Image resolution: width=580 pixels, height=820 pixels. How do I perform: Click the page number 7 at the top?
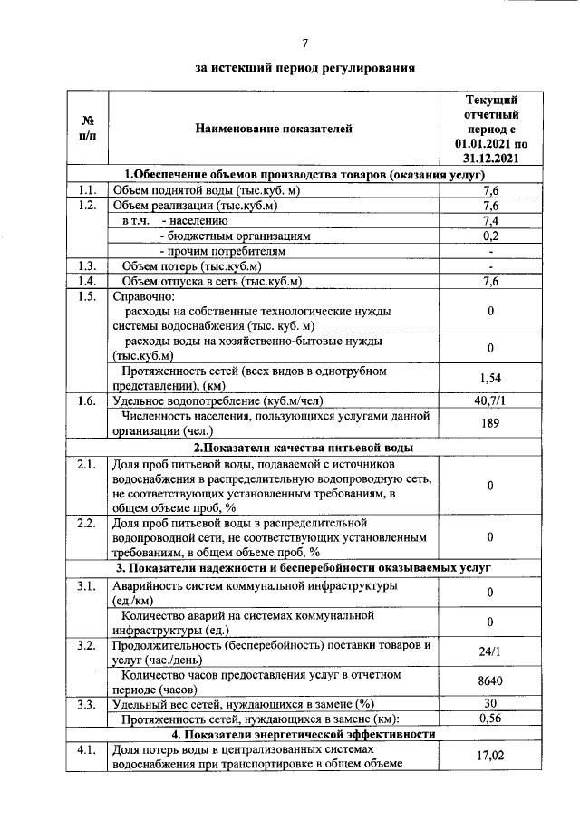[x=305, y=43]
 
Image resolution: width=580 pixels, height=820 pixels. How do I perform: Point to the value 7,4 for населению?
[x=490, y=220]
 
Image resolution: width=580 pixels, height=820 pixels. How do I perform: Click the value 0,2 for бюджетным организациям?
[x=490, y=236]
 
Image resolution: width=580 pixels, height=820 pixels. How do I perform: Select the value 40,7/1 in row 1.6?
[x=490, y=400]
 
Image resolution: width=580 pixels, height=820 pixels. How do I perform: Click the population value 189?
[x=490, y=423]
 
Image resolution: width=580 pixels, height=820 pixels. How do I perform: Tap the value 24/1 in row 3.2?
[x=490, y=651]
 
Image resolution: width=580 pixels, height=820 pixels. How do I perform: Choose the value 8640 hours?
[x=490, y=682]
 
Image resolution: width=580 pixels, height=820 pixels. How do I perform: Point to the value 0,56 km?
[x=490, y=719]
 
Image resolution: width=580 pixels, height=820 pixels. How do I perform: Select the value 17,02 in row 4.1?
[x=490, y=757]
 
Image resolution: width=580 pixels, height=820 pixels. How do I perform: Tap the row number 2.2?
[x=87, y=523]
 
